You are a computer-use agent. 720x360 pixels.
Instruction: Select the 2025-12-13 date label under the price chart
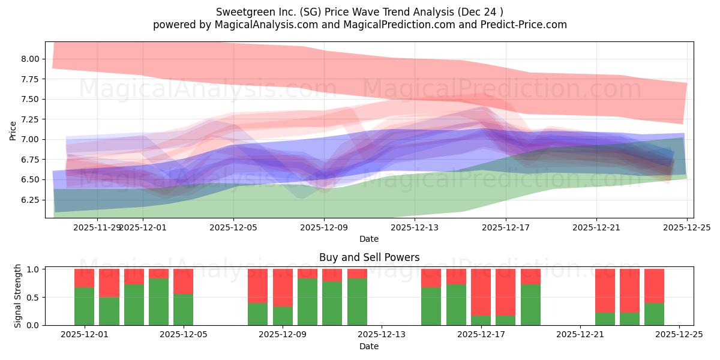pyautogui.click(x=415, y=227)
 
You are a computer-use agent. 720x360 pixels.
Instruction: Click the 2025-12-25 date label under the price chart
pyautogui.click(x=686, y=227)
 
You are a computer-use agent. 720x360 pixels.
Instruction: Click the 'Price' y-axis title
pyautogui.click(x=13, y=130)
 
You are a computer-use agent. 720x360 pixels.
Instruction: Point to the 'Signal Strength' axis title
pyautogui.click(x=18, y=296)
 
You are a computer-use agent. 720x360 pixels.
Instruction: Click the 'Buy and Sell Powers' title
pyautogui.click(x=369, y=257)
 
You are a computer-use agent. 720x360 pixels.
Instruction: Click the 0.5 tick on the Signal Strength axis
pyautogui.click(x=34, y=297)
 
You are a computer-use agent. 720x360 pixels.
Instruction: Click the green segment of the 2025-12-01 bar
pyautogui.click(x=84, y=306)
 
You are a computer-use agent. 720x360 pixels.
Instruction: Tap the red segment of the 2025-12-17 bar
pyautogui.click(x=481, y=292)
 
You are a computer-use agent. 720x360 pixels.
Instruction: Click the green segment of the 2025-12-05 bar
pyautogui.click(x=183, y=310)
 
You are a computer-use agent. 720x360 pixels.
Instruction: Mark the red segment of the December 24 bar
pyautogui.click(x=654, y=286)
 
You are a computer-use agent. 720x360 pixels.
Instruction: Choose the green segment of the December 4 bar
pyautogui.click(x=158, y=301)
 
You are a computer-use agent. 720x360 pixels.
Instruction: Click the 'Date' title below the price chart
pyautogui.click(x=369, y=239)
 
